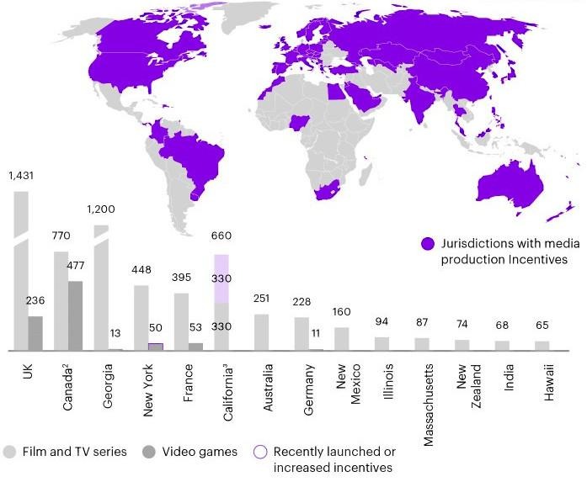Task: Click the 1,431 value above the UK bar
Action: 21,175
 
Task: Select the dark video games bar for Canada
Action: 75,316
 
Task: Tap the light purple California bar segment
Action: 221,278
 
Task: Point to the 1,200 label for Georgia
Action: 101,209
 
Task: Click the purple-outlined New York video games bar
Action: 156,347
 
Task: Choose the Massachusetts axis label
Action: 429,405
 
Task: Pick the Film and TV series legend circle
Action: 9,452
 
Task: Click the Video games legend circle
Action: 149,452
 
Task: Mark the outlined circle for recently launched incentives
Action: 260,452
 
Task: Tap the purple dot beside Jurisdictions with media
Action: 428,244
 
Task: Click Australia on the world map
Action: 510,186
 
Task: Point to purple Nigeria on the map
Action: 299,122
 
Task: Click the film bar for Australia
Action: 261,332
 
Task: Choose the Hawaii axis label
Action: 548,382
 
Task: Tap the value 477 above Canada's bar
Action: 76,266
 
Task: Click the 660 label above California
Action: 221,236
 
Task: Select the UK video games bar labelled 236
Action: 35,334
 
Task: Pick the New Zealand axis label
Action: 468,386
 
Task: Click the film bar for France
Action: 181,322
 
